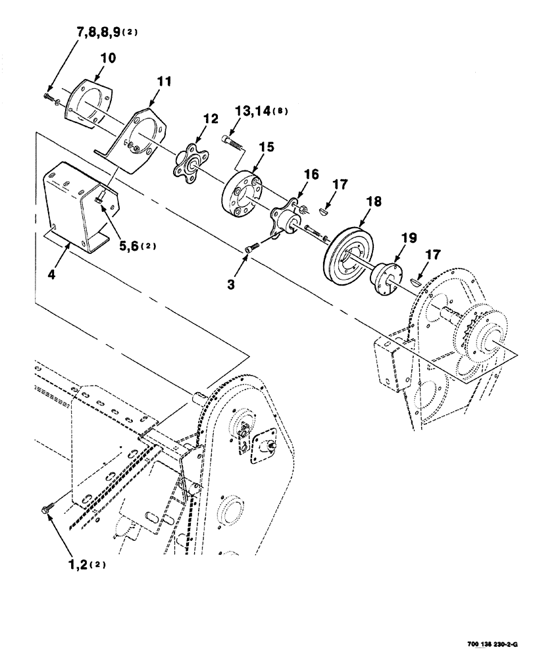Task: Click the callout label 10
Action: point(107,59)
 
